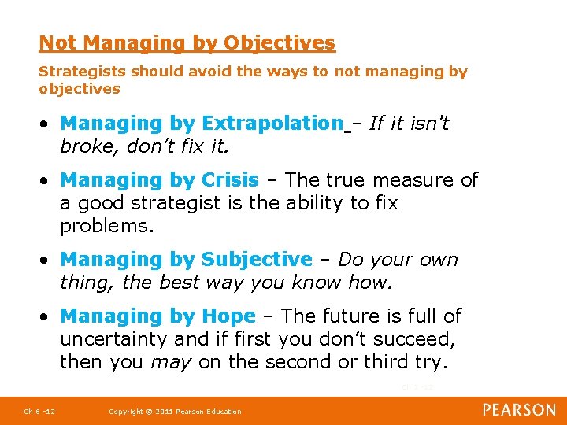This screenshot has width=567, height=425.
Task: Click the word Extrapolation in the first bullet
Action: click(x=272, y=124)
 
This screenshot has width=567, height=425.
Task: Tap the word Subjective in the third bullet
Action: click(x=257, y=260)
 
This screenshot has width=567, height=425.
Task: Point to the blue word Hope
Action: click(x=228, y=316)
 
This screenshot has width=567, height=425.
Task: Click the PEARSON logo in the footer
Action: click(x=519, y=410)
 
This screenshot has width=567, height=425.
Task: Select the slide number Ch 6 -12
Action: click(x=39, y=412)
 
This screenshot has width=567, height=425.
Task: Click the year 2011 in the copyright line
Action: click(x=161, y=412)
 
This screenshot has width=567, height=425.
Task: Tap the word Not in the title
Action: click(x=57, y=42)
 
